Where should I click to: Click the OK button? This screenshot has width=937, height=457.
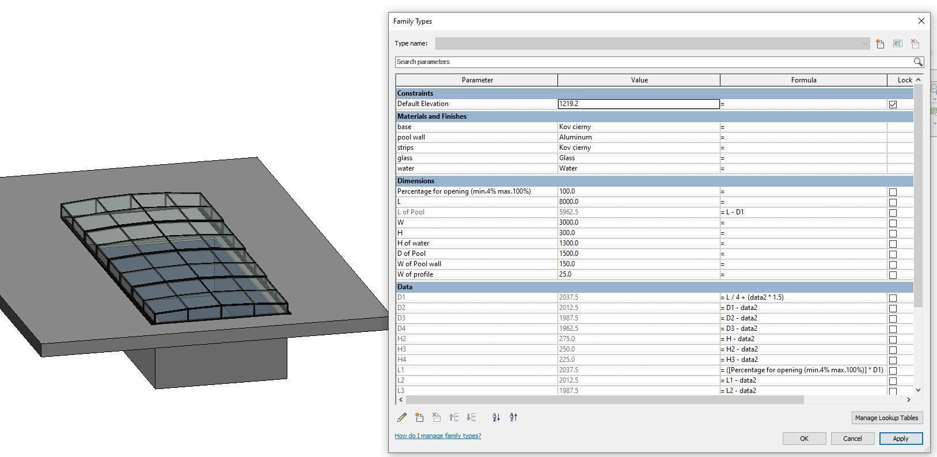(x=804, y=439)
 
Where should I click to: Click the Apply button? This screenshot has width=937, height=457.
(x=900, y=439)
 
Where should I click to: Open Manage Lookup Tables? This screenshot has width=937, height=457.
(x=886, y=418)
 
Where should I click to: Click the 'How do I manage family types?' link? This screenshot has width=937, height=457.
(x=438, y=436)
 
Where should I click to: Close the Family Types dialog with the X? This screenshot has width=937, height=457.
(x=921, y=21)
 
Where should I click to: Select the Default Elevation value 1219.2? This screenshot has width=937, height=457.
(x=638, y=104)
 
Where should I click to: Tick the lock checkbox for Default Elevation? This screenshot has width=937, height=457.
(x=893, y=104)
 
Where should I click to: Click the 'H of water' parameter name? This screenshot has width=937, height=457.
(x=413, y=243)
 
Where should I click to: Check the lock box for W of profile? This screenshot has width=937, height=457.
(x=893, y=275)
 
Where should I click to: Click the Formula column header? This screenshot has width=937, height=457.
(x=803, y=80)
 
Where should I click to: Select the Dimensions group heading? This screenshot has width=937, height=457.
(x=416, y=181)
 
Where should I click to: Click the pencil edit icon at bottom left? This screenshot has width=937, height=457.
(x=402, y=417)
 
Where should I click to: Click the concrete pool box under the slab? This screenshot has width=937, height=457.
(x=222, y=363)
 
